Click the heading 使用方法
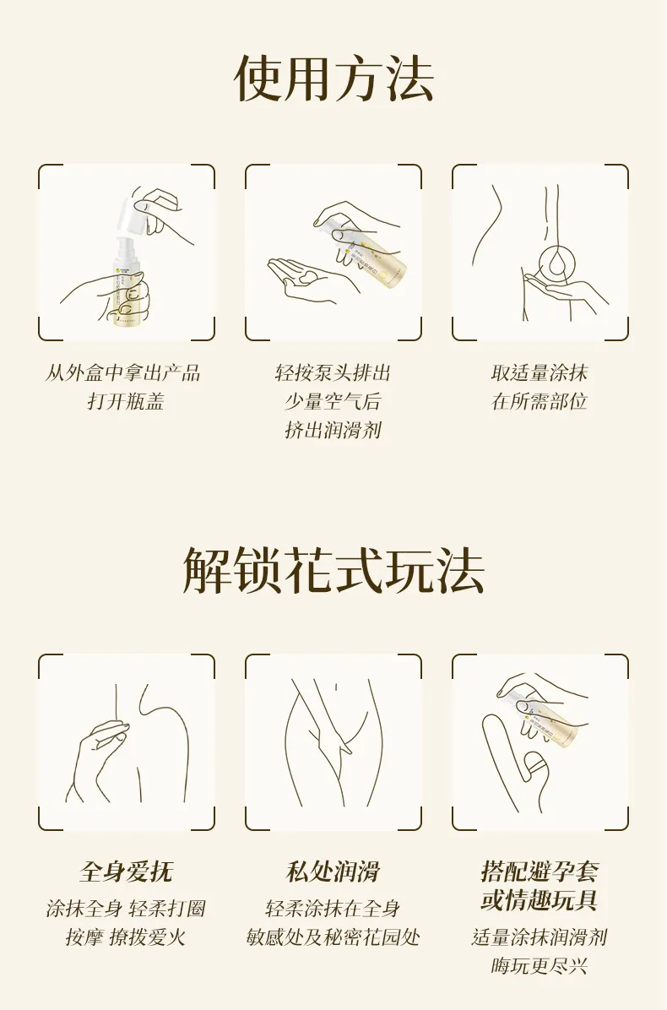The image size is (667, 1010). [x=333, y=78]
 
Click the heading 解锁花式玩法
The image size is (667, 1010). [x=333, y=571]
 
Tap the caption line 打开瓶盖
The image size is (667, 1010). [x=126, y=401]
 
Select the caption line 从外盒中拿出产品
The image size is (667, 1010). [x=123, y=372]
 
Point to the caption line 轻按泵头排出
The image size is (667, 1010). [x=333, y=372]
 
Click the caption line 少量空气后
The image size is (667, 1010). [x=333, y=401]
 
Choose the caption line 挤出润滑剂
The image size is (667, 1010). [x=333, y=430]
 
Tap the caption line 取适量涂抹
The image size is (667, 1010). [x=540, y=372]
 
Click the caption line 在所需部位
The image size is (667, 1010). [x=540, y=401]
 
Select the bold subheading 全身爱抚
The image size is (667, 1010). [x=126, y=872]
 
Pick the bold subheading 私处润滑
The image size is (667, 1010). [x=333, y=872]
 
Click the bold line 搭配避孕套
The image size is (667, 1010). [x=540, y=872]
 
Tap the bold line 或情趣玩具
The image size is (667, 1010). [x=540, y=900]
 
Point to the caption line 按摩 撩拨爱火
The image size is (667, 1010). [x=126, y=937]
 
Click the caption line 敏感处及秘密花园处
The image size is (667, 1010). [x=333, y=937]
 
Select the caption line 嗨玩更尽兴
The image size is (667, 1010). [x=540, y=965]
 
